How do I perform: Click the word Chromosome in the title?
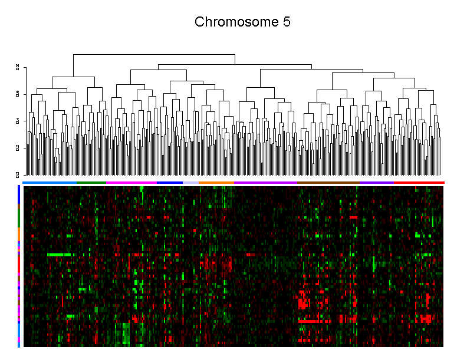[233, 22]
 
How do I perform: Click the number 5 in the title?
[286, 22]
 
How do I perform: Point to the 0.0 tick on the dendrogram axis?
[18, 174]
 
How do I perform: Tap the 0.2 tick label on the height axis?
[18, 148]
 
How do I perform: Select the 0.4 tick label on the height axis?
[18, 121]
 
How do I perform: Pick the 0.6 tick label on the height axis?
[18, 94]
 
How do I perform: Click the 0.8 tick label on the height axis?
[18, 68]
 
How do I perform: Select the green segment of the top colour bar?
[91, 183]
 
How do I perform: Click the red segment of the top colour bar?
[419, 183]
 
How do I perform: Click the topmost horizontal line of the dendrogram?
[154, 55]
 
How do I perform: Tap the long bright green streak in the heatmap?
[59, 255]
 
